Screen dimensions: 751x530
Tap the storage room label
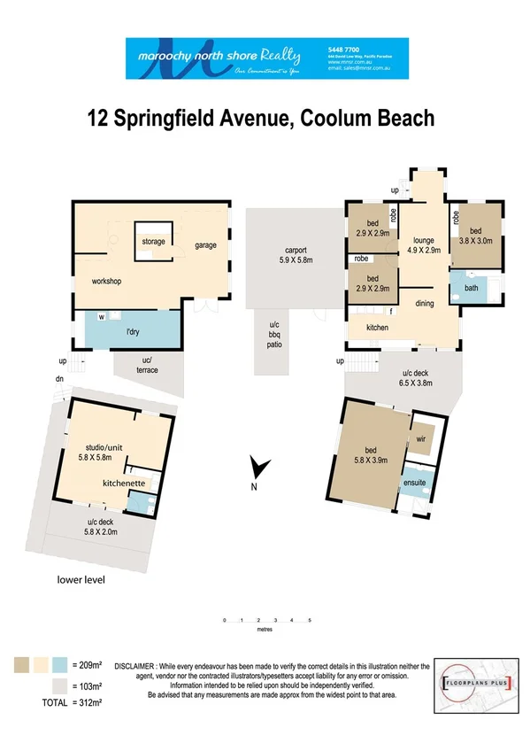coord(154,241)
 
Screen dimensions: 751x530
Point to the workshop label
coord(105,282)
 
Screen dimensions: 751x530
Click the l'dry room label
coord(135,329)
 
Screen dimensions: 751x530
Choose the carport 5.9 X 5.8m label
coord(289,254)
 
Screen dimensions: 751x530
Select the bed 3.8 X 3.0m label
coord(480,235)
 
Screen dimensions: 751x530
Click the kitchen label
coord(378,328)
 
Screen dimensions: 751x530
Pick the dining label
coord(425,303)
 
